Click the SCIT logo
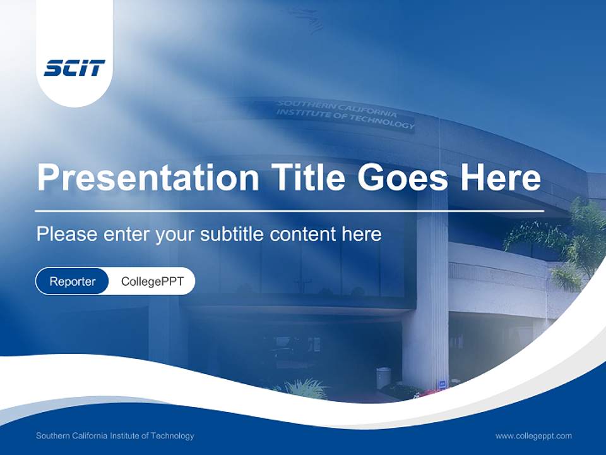[x=74, y=68]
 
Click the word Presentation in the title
[x=148, y=177]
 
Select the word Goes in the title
[x=402, y=177]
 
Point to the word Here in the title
[x=501, y=177]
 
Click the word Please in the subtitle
[x=67, y=234]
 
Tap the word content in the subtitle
[x=302, y=234]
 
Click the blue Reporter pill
[x=72, y=281]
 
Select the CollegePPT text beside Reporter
[x=152, y=281]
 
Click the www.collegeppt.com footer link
[x=533, y=436]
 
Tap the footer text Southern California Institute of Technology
[x=115, y=435]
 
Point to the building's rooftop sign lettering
[x=345, y=114]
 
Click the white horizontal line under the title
[x=290, y=211]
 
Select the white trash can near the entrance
[x=383, y=378]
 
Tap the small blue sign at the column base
[x=443, y=384]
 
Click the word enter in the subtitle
[x=127, y=234]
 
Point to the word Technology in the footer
[x=172, y=436]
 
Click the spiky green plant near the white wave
[x=306, y=389]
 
